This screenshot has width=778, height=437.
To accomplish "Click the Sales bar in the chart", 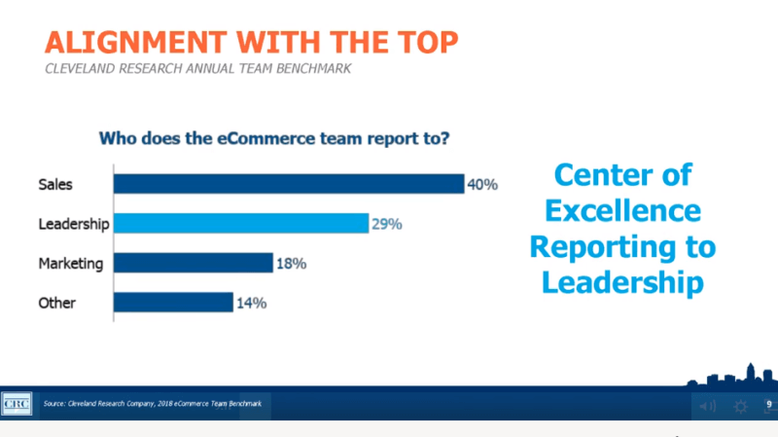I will (288, 184).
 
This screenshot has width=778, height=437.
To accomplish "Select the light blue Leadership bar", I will (240, 224).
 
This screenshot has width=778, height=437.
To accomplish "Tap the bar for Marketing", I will (193, 263).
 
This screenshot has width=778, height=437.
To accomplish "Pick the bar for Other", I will (173, 303).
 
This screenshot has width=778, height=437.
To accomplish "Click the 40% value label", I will (482, 184).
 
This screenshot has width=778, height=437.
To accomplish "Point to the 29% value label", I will (386, 224).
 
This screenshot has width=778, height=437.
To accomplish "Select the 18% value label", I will (290, 263).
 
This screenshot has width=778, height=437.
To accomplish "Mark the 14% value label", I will (251, 303).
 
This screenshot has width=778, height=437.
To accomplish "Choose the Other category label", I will (56, 303).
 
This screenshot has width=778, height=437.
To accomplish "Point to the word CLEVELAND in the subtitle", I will (82, 68).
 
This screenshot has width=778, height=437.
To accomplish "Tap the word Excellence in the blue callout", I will (622, 210).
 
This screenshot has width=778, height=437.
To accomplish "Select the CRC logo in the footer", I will (17, 403).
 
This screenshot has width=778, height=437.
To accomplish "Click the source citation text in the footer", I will (152, 403).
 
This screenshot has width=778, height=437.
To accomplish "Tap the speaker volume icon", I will (707, 406).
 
